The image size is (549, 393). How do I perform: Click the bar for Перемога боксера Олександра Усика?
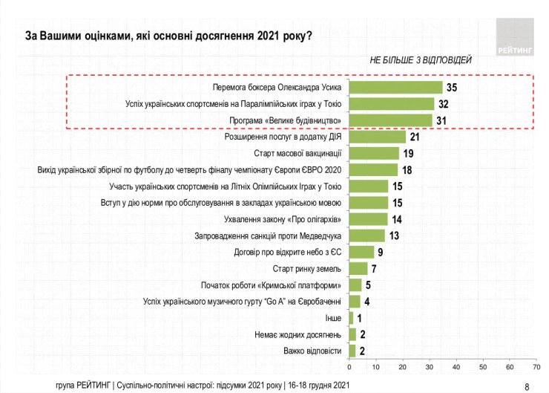395,87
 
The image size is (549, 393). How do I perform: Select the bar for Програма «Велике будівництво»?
390,120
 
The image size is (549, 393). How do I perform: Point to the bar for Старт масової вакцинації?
374,153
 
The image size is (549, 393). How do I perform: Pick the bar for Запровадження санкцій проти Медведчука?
366,236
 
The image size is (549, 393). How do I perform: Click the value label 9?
379,252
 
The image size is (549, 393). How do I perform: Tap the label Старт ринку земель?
306,268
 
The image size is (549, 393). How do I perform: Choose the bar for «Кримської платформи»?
355,285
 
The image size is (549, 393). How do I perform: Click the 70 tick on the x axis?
536,367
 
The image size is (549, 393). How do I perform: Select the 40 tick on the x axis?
456,367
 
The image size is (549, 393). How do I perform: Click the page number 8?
527,386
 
